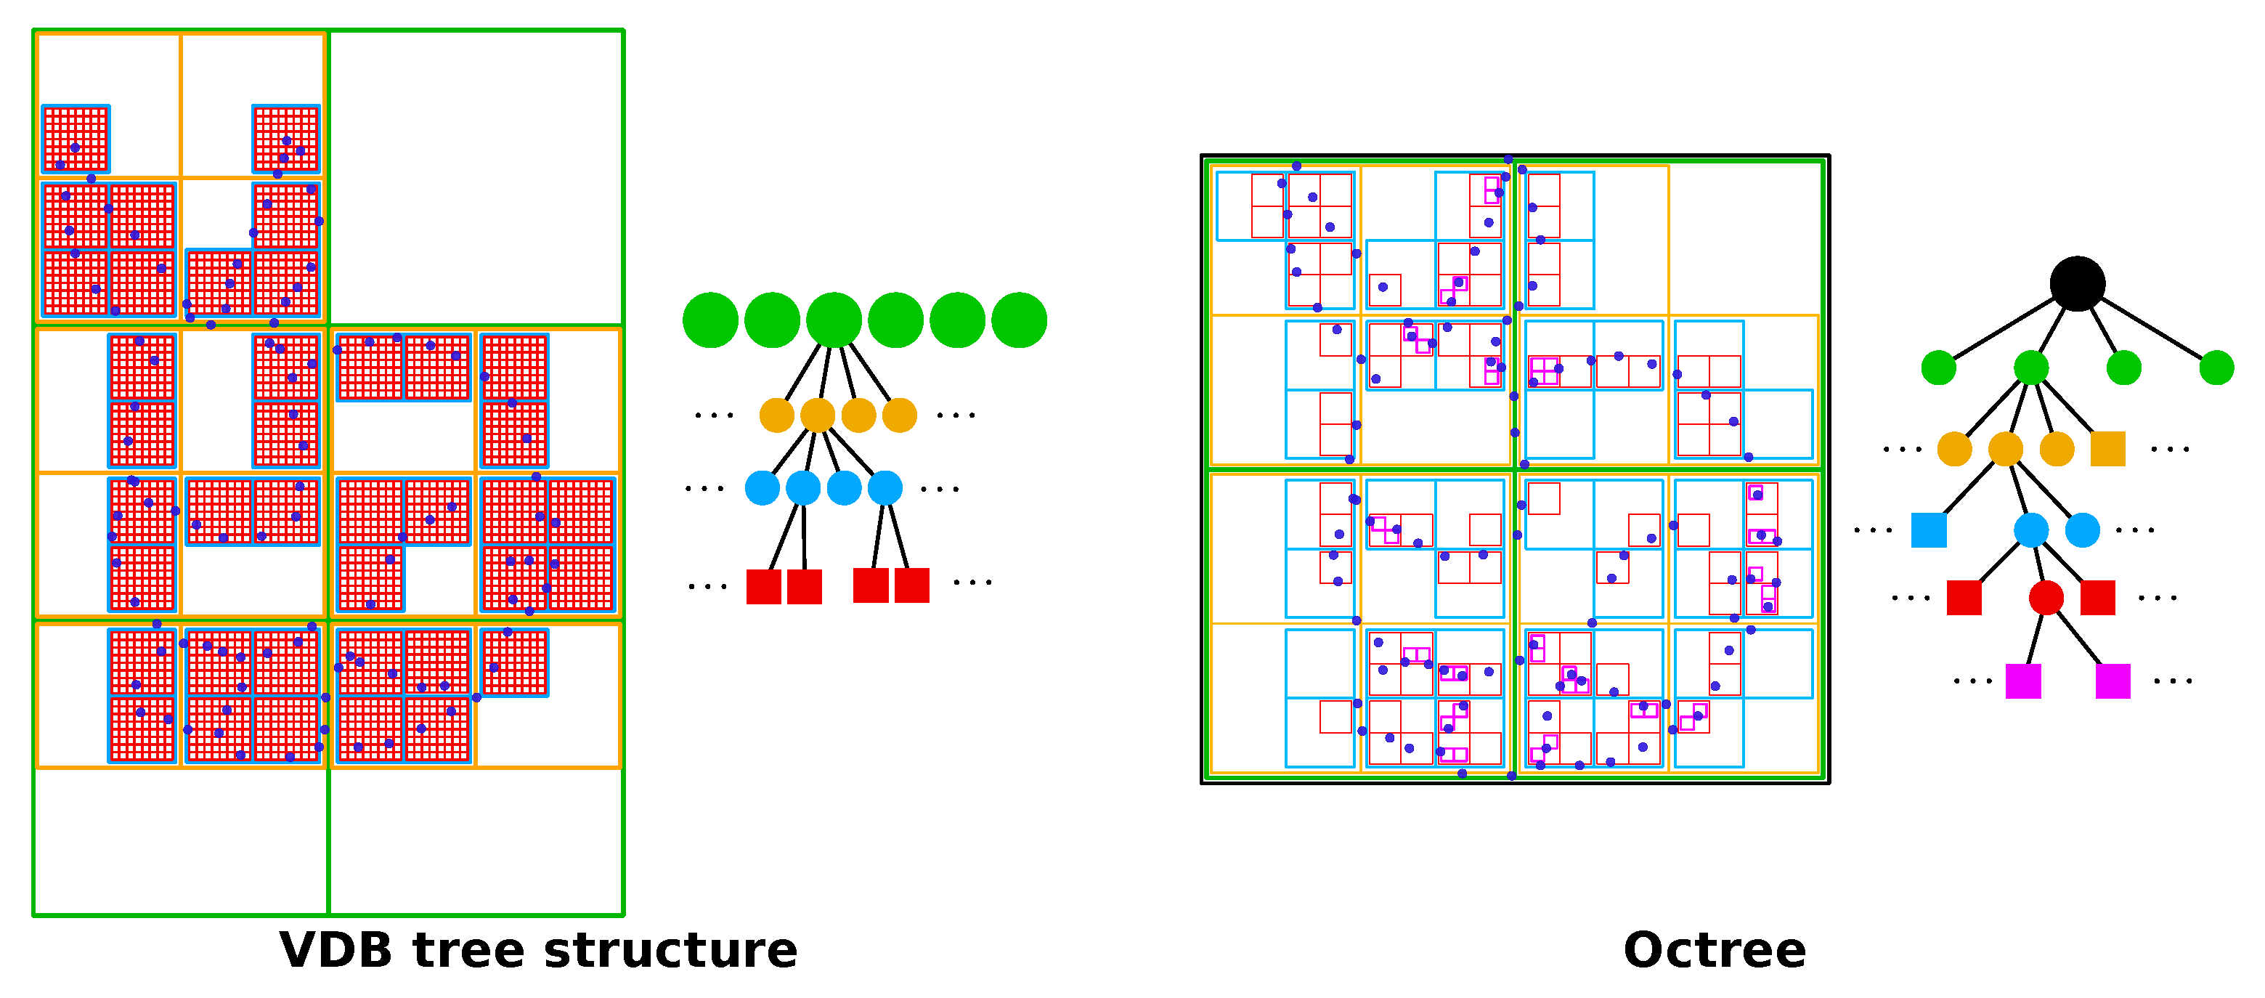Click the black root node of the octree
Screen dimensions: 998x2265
[x=2077, y=283]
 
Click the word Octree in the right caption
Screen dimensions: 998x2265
[x=1715, y=951]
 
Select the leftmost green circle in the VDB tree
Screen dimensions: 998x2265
[x=710, y=320]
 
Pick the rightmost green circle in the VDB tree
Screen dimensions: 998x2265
[x=1019, y=320]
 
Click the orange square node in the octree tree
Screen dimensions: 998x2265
[x=2107, y=448]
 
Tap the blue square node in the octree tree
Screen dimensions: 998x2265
[x=1929, y=530]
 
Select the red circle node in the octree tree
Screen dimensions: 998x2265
[x=2046, y=598]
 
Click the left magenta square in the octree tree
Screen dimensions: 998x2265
[x=2023, y=681]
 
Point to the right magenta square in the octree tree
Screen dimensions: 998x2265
[x=2113, y=681]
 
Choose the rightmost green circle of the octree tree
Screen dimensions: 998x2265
[x=2216, y=368]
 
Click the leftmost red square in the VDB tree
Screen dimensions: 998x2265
[x=763, y=586]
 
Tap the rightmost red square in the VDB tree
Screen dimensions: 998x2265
[x=912, y=585]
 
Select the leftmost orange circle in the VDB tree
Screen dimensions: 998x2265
[x=776, y=415]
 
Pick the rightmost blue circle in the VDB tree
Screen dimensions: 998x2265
[x=885, y=488]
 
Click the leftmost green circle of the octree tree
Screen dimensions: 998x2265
[x=1939, y=368]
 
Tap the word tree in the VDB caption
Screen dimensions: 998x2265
[x=467, y=951]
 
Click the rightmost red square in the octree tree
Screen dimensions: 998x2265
[x=2098, y=598]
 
